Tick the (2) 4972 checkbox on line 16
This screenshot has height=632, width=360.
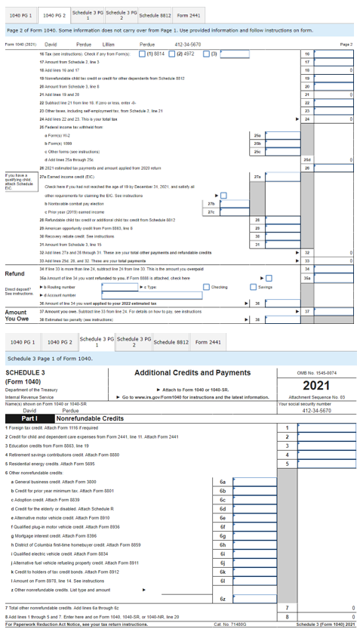[x=178, y=54]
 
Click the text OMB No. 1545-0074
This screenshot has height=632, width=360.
[x=317, y=373]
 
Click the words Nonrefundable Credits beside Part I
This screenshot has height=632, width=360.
[x=91, y=418]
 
